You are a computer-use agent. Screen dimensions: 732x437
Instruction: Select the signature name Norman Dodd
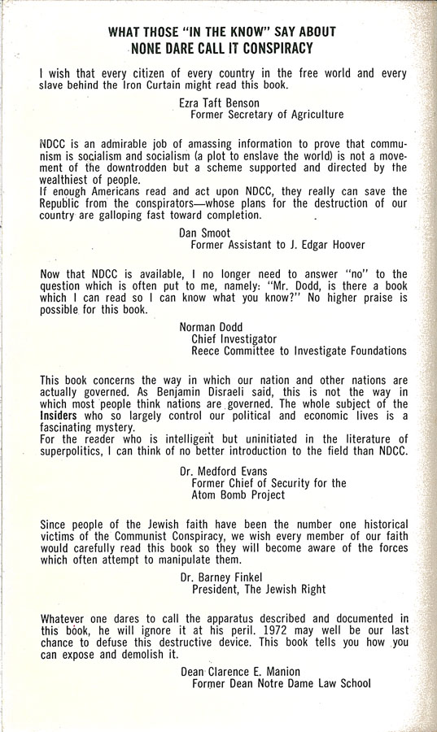click(212, 327)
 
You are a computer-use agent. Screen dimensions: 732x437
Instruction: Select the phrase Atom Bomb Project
click(238, 495)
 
